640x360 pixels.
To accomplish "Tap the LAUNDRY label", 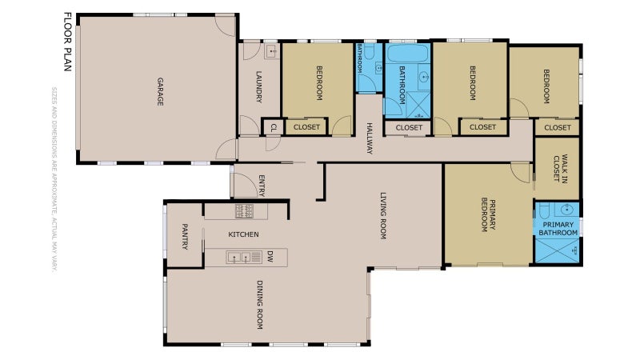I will [259, 88].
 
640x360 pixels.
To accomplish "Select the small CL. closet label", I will [273, 127].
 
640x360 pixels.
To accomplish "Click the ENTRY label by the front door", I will [261, 186].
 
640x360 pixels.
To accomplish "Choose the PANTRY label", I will [184, 238].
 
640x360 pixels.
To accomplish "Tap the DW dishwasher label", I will [270, 257].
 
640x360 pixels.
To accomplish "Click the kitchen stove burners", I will [245, 211].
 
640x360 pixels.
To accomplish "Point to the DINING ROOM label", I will [259, 305].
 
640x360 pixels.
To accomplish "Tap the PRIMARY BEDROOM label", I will [489, 215].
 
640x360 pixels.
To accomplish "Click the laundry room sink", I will [270, 53].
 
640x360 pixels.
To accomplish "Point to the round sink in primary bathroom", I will [567, 210].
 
